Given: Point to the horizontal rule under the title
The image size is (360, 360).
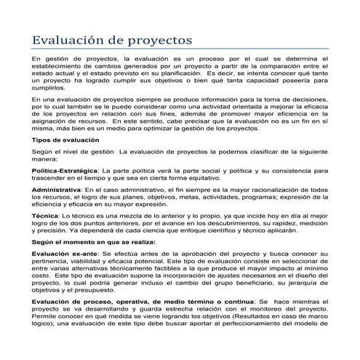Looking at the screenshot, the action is [180, 48].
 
